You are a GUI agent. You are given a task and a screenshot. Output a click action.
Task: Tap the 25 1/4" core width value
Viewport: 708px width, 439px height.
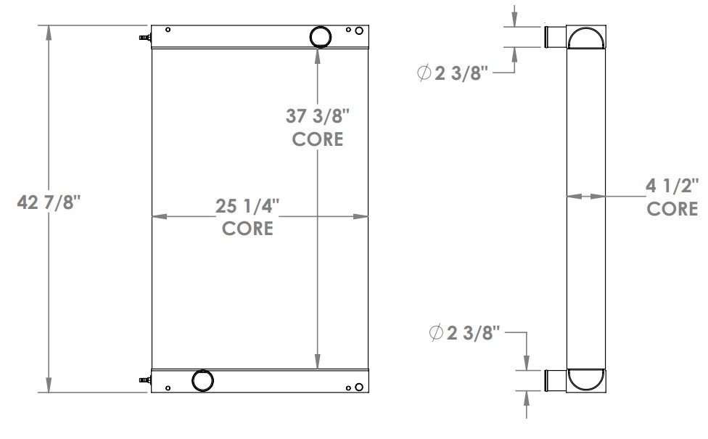[247, 206]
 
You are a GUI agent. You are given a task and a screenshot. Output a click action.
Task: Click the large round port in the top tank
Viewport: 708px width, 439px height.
[320, 36]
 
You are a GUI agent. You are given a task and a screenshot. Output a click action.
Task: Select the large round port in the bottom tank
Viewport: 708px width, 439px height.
[202, 380]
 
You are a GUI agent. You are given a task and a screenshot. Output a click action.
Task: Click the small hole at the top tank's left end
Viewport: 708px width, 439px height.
[168, 30]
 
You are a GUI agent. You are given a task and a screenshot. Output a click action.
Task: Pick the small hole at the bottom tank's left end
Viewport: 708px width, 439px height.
[168, 387]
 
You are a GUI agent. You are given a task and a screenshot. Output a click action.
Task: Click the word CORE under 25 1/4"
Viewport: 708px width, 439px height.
[247, 229]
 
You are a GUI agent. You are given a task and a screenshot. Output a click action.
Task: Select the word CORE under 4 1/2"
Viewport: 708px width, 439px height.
[672, 210]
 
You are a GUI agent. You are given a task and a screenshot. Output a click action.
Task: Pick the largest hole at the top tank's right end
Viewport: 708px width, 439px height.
[359, 30]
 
